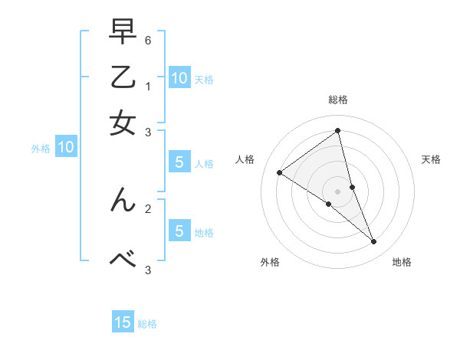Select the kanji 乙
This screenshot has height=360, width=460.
tap(123, 80)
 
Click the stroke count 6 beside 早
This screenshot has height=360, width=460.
tap(148, 40)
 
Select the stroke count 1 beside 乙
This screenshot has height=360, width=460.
tap(148, 87)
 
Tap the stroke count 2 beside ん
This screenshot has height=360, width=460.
tap(148, 207)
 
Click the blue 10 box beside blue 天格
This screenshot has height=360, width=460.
tap(179, 78)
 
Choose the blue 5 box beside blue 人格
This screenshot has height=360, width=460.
tap(179, 162)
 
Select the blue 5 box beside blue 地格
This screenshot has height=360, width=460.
tap(179, 231)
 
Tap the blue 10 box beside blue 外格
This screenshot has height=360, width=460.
tap(65, 148)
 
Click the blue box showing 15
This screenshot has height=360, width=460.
tap(123, 322)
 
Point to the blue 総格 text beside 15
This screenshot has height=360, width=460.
tap(147, 324)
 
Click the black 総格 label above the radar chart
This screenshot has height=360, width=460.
tap(338, 100)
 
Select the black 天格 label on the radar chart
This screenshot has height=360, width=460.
tap(431, 159)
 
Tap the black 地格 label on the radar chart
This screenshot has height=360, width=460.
tap(402, 262)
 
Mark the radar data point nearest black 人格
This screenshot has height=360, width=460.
tap(280, 172)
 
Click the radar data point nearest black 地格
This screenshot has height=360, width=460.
tap(373, 242)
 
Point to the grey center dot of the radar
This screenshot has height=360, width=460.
tap(338, 191)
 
